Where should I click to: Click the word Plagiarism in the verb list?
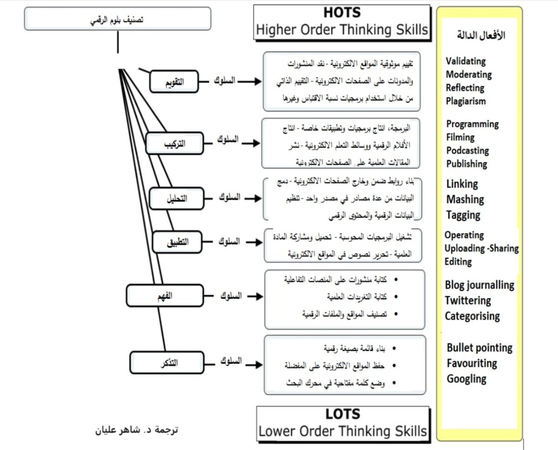(466, 101)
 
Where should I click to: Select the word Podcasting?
(467, 151)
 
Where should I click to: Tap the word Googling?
(466, 379)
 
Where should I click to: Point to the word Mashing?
(465, 200)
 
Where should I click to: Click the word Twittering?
(468, 301)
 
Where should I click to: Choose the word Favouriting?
(472, 363)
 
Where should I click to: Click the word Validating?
(465, 61)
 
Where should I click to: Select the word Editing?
(458, 262)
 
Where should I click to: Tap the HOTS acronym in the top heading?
(341, 13)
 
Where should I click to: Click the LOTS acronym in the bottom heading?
(343, 414)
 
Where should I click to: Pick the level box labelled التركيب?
(174, 143)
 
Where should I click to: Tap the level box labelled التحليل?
(177, 199)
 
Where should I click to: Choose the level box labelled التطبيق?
(178, 242)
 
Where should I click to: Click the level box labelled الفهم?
(165, 296)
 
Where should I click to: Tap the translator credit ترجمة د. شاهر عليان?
(137, 429)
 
